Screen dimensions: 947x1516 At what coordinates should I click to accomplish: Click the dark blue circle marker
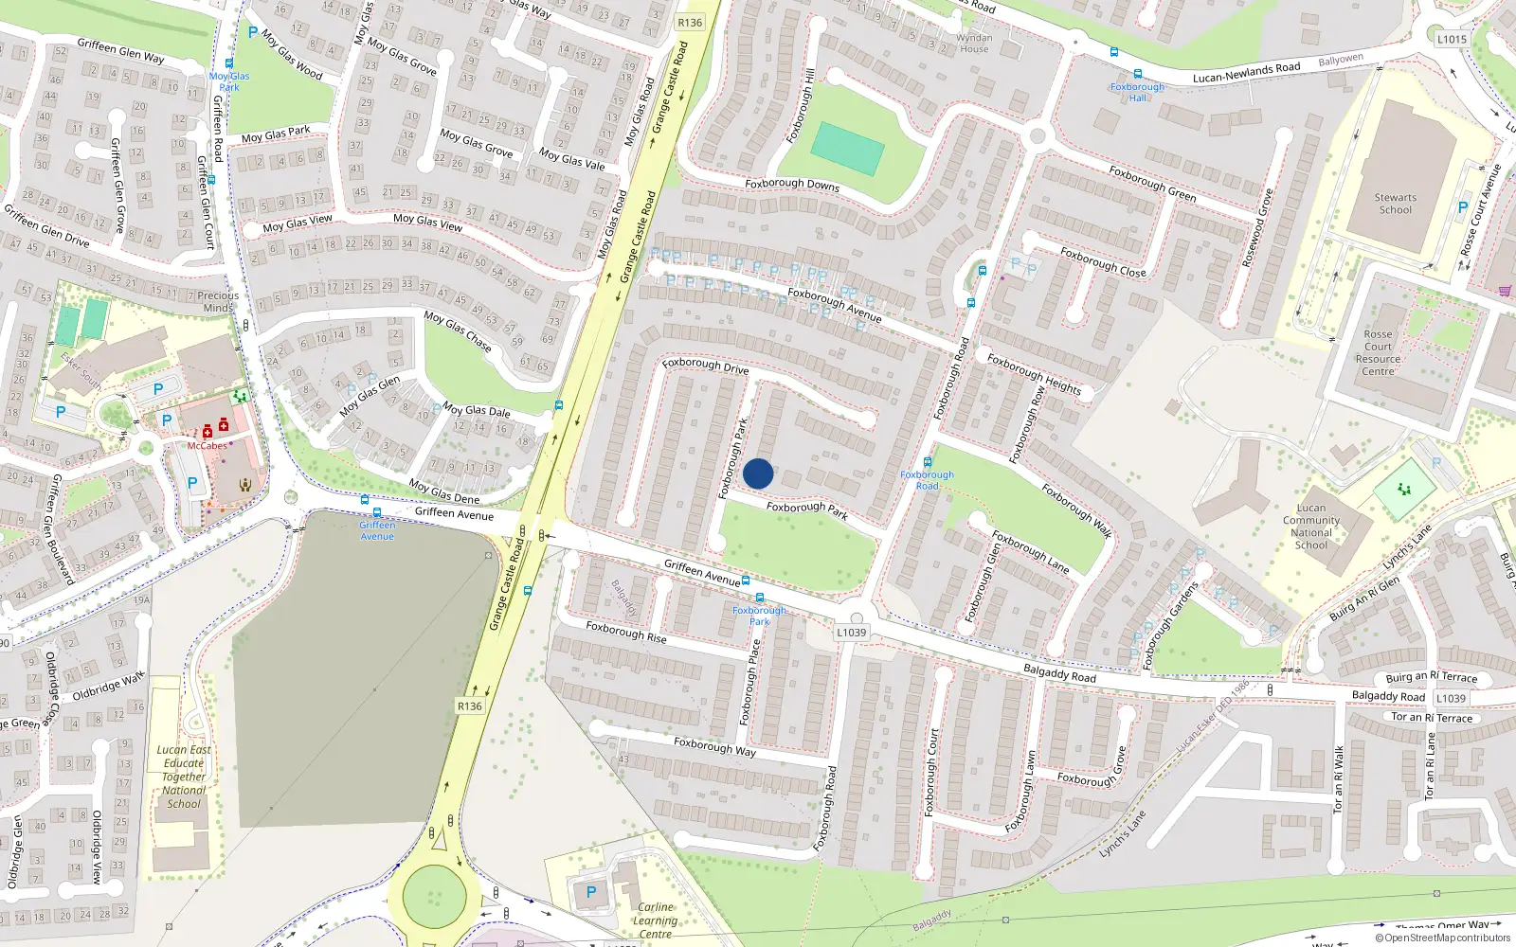758,473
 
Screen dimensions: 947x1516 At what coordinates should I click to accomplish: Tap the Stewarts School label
1396,204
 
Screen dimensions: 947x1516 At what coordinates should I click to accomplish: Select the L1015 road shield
1451,39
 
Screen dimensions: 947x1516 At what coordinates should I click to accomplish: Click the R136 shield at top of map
690,23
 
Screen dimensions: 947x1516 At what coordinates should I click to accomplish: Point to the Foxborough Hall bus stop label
1137,92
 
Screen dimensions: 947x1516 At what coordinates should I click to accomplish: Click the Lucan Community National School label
1311,527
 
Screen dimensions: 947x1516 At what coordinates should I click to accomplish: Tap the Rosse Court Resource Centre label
1378,352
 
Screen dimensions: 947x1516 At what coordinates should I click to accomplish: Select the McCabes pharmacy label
207,445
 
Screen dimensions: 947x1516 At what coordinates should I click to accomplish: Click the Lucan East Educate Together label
184,777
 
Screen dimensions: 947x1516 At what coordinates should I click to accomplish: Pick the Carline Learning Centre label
655,920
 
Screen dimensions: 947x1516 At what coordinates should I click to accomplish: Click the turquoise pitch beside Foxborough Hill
848,149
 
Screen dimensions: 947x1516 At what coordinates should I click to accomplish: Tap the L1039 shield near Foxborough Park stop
851,633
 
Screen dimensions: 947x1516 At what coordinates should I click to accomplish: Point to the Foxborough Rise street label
625,633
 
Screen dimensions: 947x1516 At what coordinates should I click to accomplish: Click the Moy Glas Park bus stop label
229,81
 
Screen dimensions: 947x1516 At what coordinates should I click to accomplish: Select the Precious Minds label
218,301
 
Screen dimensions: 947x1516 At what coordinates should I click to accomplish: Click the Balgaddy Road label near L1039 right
1388,696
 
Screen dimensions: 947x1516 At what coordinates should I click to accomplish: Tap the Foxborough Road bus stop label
927,480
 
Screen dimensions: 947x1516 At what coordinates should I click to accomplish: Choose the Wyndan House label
974,44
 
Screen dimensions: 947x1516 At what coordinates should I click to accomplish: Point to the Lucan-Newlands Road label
1246,72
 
